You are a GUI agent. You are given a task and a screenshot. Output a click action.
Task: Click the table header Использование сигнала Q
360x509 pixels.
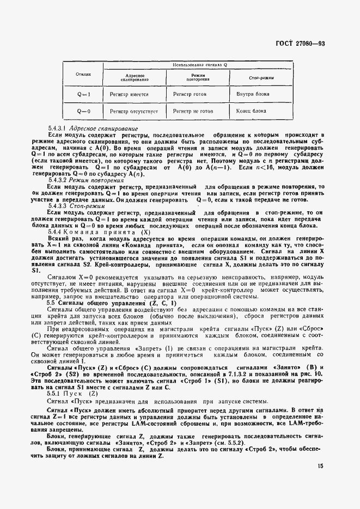200,65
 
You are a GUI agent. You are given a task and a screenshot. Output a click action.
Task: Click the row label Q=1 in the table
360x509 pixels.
83,94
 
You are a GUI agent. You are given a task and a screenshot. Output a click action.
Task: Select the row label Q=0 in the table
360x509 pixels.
83,111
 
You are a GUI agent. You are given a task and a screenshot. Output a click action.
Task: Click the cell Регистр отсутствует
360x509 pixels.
133,111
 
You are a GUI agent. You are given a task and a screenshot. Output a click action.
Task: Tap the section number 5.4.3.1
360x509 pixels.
57,128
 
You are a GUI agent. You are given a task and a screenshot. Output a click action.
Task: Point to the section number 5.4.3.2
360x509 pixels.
57,180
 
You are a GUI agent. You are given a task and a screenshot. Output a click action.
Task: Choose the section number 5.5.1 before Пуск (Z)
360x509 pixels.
55,393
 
